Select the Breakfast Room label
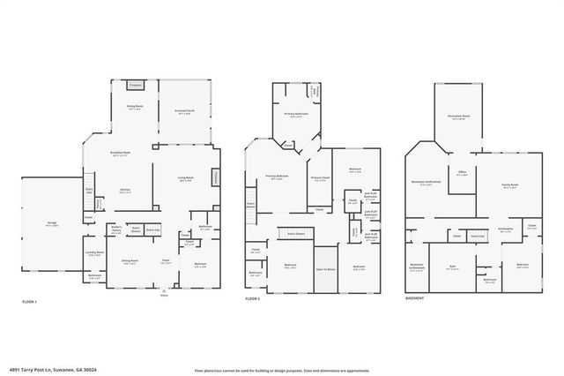121,154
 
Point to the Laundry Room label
95,252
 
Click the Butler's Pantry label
116,229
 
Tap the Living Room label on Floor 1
186,179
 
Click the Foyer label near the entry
165,260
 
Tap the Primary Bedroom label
278,177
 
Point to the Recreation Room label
460,116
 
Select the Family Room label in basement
509,185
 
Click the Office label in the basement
462,172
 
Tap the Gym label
453,267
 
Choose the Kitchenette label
505,227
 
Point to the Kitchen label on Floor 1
125,190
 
